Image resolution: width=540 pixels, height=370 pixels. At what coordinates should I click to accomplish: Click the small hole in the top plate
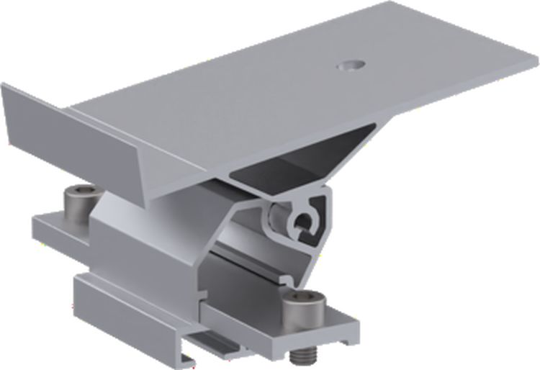coord(351,66)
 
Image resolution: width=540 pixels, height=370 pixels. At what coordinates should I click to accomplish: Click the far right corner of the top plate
coord(536,55)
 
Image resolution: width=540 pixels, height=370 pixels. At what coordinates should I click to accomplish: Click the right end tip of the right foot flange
coord(356,333)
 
